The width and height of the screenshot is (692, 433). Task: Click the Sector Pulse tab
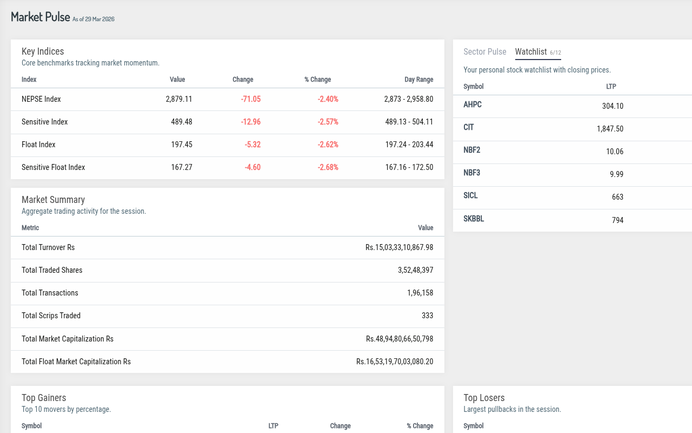tap(485, 51)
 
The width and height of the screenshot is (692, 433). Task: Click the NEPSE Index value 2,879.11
tap(179, 99)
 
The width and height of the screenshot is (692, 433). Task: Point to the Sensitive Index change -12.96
tap(250, 122)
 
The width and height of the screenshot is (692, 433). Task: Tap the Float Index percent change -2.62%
tap(328, 145)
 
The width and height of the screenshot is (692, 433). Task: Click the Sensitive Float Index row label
tap(53, 167)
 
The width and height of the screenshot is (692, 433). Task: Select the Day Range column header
tap(419, 80)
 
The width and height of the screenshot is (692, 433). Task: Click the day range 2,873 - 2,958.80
tap(409, 99)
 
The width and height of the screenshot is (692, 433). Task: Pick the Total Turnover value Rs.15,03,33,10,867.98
tap(399, 247)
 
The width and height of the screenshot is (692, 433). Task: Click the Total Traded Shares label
tap(52, 270)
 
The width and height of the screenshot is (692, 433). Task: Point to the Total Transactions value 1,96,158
tap(420, 293)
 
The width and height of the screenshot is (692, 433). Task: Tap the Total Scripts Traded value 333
tap(428, 316)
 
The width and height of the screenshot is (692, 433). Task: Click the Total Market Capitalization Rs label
tap(68, 339)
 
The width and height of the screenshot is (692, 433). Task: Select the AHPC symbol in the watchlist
tap(473, 104)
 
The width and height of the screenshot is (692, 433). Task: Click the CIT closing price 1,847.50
tap(610, 129)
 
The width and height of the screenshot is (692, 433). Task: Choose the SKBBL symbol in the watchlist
tap(474, 219)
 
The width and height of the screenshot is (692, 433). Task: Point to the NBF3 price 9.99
tap(617, 174)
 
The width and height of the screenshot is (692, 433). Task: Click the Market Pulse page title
tap(40, 17)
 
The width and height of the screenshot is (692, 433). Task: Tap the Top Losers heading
tap(484, 398)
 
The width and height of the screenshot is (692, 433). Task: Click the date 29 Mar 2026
tap(99, 19)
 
